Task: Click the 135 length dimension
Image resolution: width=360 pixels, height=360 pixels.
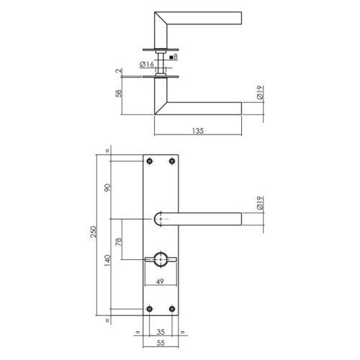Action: click(198, 131)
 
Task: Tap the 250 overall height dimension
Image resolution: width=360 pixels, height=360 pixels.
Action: click(93, 232)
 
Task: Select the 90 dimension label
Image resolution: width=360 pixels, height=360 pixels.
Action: click(107, 187)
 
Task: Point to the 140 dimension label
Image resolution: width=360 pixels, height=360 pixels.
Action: click(107, 260)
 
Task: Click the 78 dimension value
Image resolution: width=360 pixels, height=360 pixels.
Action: click(119, 242)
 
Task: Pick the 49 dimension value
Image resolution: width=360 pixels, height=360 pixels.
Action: click(160, 282)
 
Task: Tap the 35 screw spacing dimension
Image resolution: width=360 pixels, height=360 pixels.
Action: click(161, 332)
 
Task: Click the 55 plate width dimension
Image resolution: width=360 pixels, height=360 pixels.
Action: click(161, 343)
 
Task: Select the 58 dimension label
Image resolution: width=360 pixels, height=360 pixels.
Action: click(119, 93)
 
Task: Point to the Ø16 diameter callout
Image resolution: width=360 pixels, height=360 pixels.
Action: click(147, 64)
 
